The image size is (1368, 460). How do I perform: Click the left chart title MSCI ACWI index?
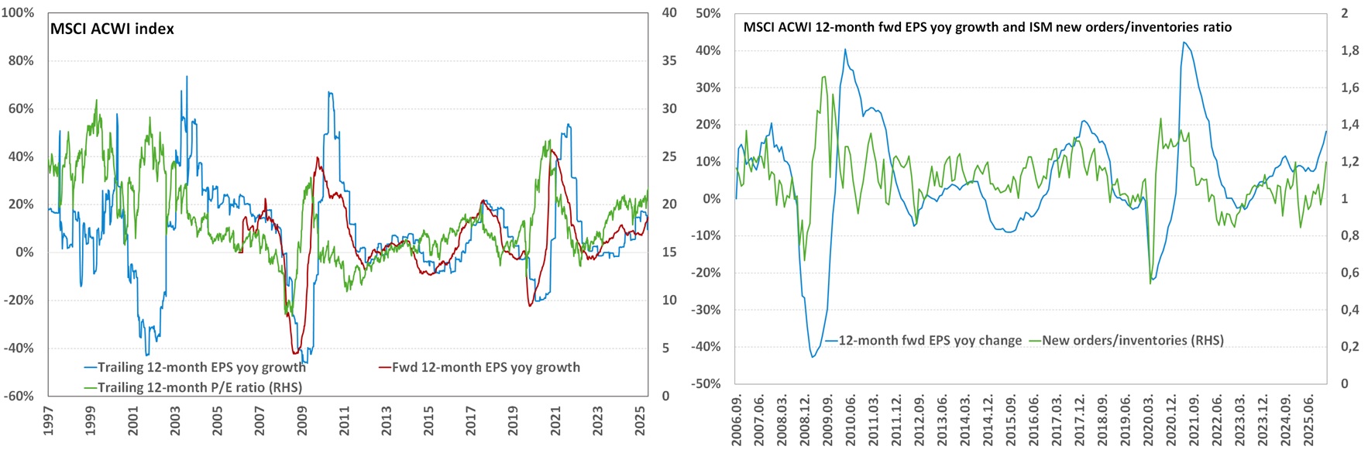tap(112, 29)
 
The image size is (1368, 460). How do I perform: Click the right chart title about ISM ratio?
tap(987, 27)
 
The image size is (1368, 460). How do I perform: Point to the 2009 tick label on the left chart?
tap(302, 421)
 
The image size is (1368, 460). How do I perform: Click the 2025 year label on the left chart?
tap(640, 421)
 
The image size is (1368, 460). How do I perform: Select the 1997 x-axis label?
tap(48, 421)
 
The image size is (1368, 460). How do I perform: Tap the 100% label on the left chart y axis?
tap(18, 13)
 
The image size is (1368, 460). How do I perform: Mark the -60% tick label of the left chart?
tap(19, 396)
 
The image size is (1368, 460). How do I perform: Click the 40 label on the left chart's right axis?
tap(669, 13)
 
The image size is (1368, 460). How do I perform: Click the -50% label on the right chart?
tap(706, 383)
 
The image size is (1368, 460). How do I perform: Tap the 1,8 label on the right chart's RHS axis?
tap(1349, 50)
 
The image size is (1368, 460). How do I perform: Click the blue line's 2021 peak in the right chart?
tap(1184, 43)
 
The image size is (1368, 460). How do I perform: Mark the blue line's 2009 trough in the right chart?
tap(813, 356)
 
